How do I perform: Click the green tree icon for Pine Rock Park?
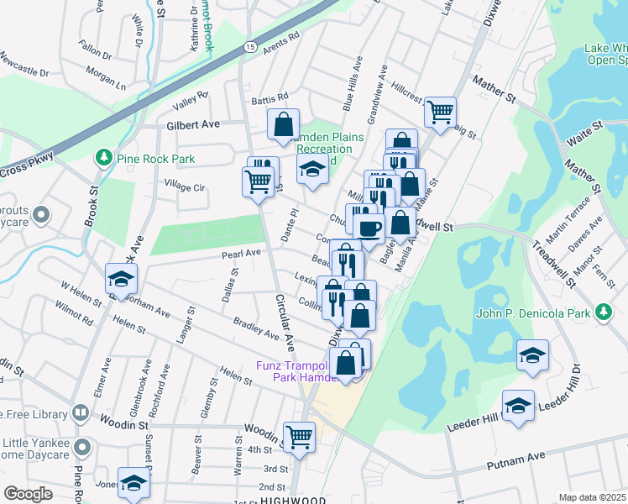click(x=103, y=157)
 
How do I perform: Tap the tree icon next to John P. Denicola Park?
click(x=602, y=312)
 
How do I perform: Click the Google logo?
click(x=28, y=494)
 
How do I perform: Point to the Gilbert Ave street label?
click(x=192, y=123)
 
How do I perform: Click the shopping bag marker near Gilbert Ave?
click(x=284, y=124)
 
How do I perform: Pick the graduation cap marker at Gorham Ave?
click(x=121, y=281)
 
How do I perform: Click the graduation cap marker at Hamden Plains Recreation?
click(x=312, y=170)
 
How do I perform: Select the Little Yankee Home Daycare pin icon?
click(x=81, y=445)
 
